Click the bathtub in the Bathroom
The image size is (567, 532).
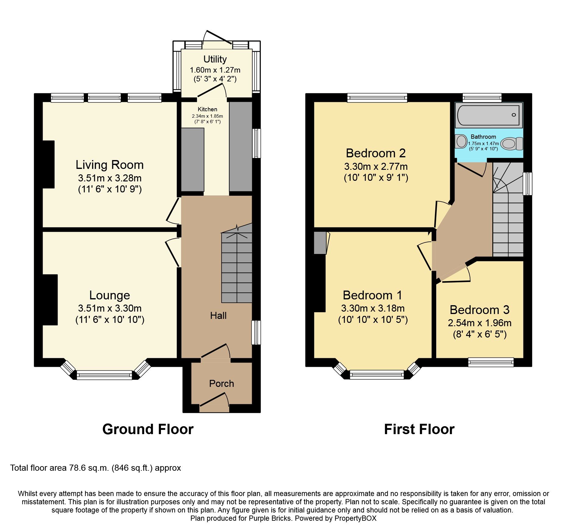click(x=488, y=115)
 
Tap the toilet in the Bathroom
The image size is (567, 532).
click(x=511, y=144)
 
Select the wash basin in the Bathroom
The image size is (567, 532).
click(x=461, y=141)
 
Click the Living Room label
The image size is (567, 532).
click(x=109, y=165)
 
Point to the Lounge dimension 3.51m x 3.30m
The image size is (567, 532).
click(x=109, y=308)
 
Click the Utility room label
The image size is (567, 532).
click(x=215, y=59)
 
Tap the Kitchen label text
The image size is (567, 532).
click(x=207, y=109)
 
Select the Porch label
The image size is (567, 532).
click(x=221, y=384)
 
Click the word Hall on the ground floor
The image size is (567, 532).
click(x=218, y=316)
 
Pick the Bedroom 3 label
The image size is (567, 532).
click(x=480, y=310)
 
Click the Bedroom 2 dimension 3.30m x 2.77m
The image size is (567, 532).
click(x=376, y=166)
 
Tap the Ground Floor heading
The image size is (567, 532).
click(x=148, y=429)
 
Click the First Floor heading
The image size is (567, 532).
click(x=419, y=429)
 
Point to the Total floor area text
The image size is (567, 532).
click(x=95, y=468)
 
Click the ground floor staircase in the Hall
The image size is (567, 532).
click(x=237, y=268)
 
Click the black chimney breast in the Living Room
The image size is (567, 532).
click(x=48, y=164)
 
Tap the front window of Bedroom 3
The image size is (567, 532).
click(x=491, y=362)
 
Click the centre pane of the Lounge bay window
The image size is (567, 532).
click(x=104, y=375)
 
